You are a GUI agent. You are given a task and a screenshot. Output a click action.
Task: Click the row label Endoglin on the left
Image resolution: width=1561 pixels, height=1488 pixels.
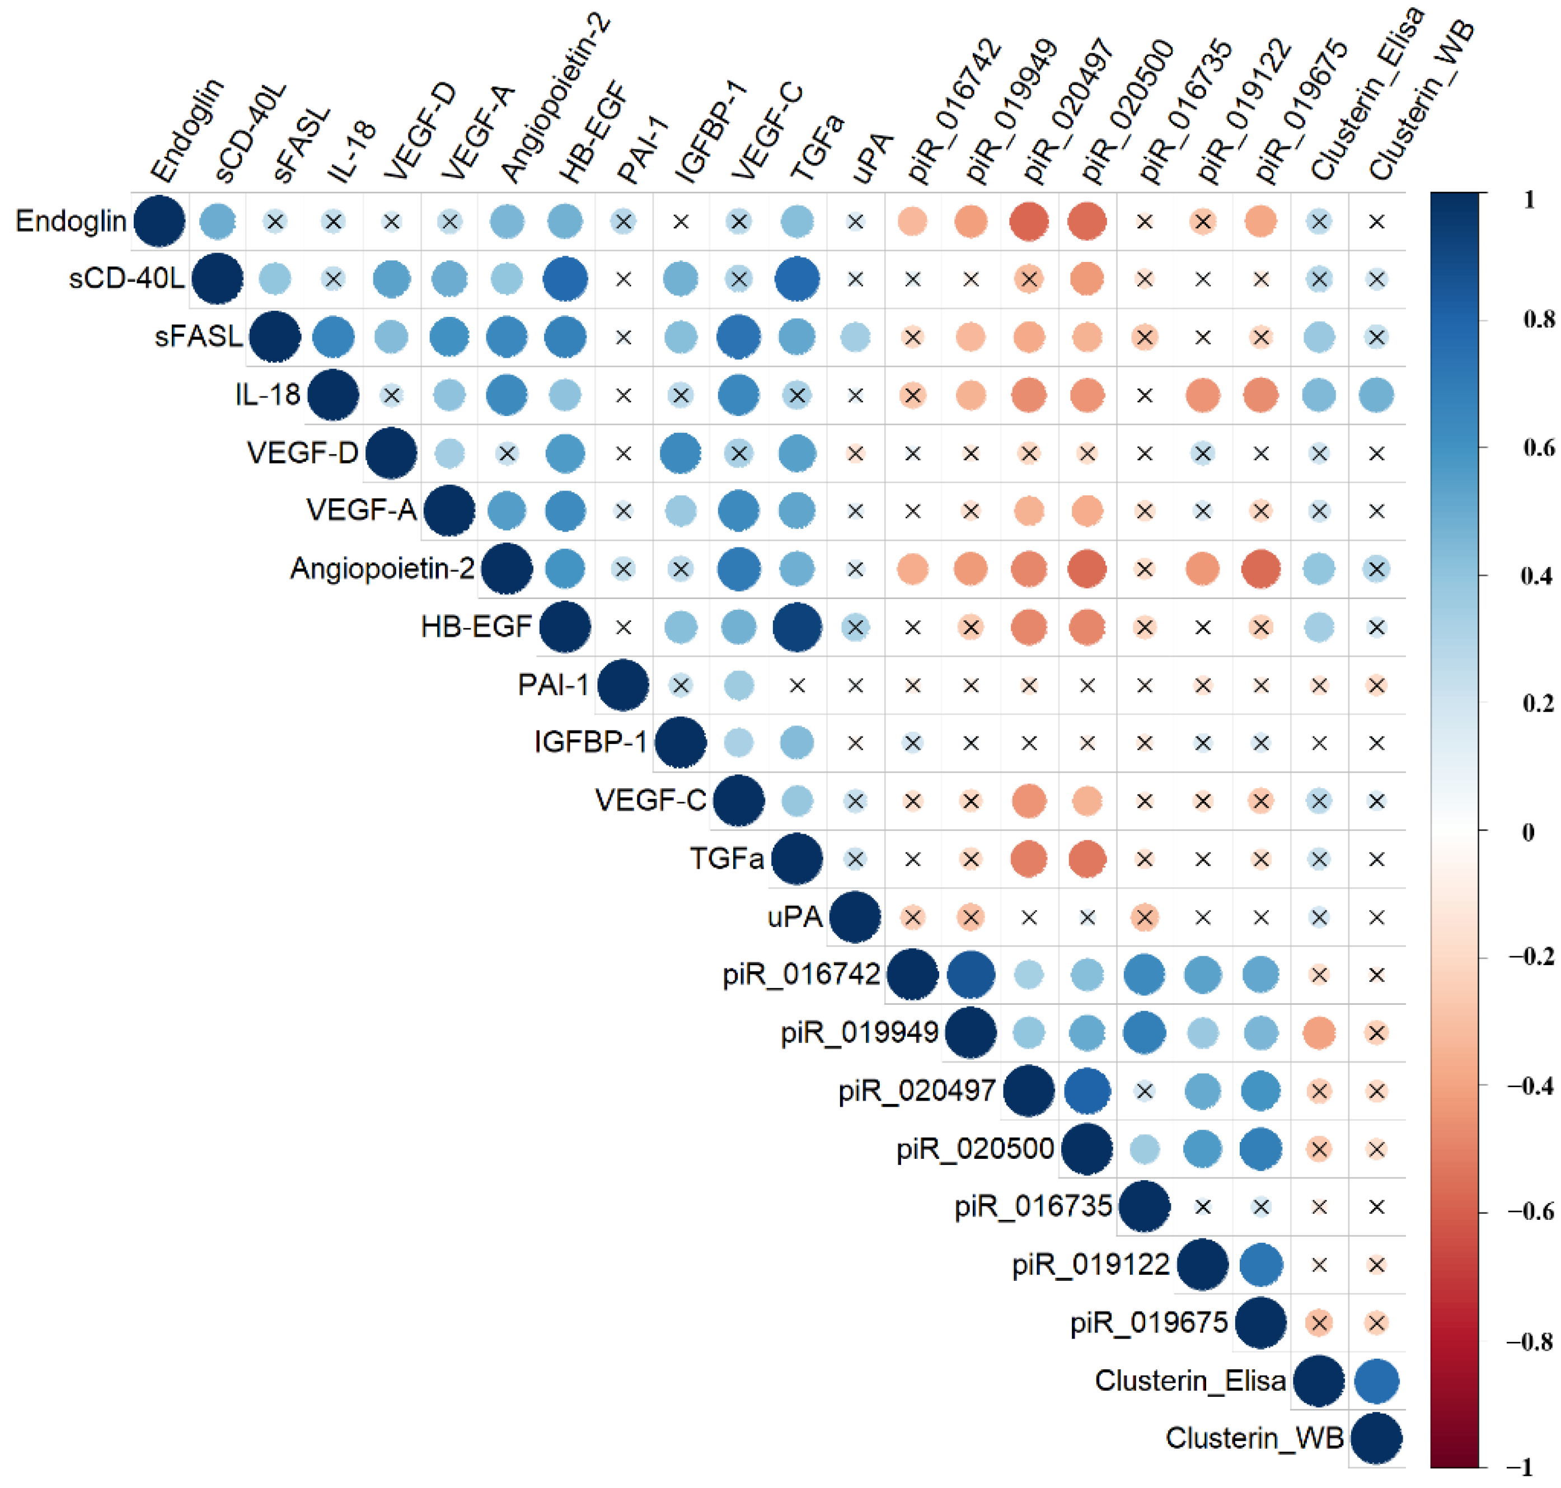coord(71,221)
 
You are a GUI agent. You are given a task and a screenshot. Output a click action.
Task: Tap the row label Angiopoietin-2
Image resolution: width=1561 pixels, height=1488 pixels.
coord(382,569)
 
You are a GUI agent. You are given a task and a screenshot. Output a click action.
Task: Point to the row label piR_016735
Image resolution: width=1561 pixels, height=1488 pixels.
coord(1032,1206)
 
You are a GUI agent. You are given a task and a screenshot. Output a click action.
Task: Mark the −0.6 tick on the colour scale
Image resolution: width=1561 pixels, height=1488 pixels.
coord(1531,1211)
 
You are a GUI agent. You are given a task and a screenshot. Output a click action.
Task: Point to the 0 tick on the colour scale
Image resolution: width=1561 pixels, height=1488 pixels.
coord(1527,832)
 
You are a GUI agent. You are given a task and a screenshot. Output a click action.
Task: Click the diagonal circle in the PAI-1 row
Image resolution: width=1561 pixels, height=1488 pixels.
coord(622,685)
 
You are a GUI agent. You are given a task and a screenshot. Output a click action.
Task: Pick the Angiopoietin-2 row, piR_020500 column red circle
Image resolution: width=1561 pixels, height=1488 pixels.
coord(1087,569)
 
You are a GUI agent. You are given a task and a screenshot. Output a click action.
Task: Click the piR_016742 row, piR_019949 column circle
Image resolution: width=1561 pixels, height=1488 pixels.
coord(970,974)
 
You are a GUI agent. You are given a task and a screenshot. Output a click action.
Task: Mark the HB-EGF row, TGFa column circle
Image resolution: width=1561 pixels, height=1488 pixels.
coord(796,626)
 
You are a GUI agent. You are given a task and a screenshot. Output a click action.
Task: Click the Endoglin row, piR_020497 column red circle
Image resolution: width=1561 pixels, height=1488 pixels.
coord(1029,221)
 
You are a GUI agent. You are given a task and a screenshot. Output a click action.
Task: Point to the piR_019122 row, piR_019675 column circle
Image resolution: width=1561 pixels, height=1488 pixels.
coord(1260,1264)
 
